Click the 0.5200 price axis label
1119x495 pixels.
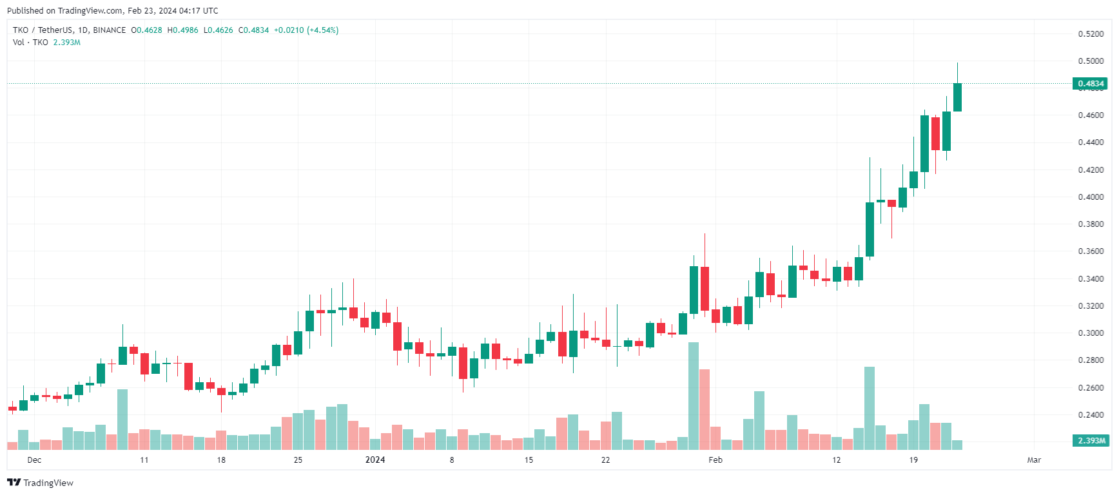(1091, 34)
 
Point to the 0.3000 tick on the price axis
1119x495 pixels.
(1091, 333)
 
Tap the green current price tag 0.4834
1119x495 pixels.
(1090, 84)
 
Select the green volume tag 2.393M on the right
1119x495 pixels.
(1091, 441)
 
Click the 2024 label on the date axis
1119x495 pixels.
(375, 460)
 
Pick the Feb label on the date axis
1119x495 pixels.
(715, 460)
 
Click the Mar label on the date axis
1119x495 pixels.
(1034, 460)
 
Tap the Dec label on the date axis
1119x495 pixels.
(34, 460)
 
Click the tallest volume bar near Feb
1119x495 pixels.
(694, 396)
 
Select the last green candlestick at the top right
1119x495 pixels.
(957, 97)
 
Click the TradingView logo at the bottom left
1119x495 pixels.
(41, 483)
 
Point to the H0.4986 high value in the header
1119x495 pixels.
(182, 30)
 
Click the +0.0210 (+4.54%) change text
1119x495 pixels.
(306, 30)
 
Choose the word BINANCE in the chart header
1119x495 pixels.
(109, 30)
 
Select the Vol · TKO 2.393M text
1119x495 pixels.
(46, 43)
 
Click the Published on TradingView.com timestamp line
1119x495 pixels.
(113, 10)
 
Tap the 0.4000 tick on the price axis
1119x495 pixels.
(1091, 197)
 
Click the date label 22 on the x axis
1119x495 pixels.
(605, 460)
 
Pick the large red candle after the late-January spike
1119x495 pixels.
(705, 288)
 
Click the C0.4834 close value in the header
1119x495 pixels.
(253, 30)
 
